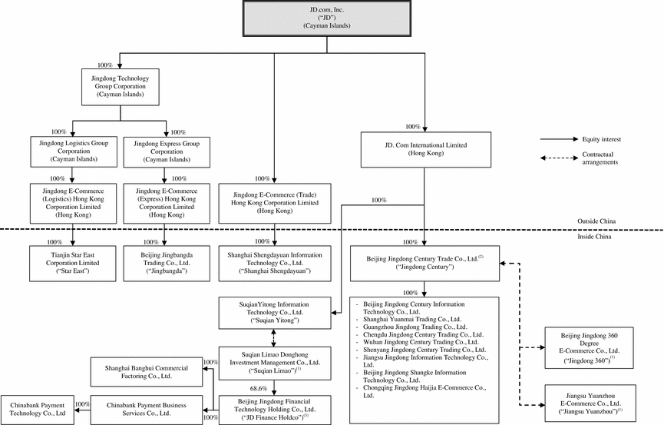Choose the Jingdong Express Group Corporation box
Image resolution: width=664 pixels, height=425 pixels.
tap(166, 148)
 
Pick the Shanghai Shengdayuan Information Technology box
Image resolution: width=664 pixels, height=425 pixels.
tap(275, 261)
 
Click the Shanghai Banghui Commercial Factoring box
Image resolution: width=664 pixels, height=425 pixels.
tap(145, 373)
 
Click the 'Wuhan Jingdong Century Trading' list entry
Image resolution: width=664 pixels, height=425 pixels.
tap(423, 342)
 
